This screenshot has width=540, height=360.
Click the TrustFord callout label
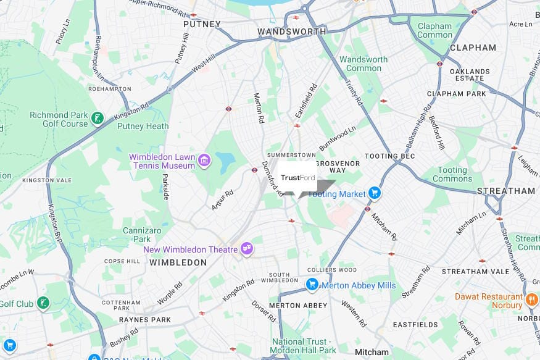click(x=298, y=178)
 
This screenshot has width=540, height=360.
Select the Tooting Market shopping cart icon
click(x=374, y=194)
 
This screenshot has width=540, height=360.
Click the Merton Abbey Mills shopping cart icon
click(x=312, y=285)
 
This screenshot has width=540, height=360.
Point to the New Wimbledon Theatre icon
click(x=247, y=249)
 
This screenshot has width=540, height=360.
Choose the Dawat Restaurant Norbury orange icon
click(x=532, y=301)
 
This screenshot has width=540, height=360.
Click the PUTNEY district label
click(x=202, y=24)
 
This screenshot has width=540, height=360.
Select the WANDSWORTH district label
click(x=291, y=31)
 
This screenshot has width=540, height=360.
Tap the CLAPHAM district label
click(x=473, y=48)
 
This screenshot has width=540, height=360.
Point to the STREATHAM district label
click(x=506, y=191)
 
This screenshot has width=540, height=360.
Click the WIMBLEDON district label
click(x=178, y=262)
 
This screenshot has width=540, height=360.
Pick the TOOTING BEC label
click(x=390, y=156)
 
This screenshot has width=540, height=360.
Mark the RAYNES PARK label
click(x=144, y=320)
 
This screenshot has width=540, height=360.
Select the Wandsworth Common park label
click(x=363, y=64)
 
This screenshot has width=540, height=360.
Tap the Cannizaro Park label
click(x=142, y=235)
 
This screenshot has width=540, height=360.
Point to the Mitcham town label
click(x=372, y=352)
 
